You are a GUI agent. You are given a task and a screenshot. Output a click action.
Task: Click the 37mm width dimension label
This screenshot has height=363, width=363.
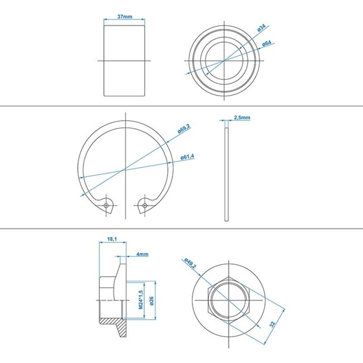click(125, 17)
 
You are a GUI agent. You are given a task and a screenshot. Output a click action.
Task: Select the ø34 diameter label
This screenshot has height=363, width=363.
click(261, 28)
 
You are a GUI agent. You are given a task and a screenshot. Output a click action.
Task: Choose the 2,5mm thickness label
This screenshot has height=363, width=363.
click(242, 118)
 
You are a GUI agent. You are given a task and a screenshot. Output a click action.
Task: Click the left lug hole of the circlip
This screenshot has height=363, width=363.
click(106, 206)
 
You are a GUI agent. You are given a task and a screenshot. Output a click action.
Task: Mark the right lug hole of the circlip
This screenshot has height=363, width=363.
click(145, 206)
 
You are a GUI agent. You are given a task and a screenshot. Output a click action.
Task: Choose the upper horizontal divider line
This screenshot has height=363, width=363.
click(181, 107)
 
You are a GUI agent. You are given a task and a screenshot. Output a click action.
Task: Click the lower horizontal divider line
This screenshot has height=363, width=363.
click(181, 228)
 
